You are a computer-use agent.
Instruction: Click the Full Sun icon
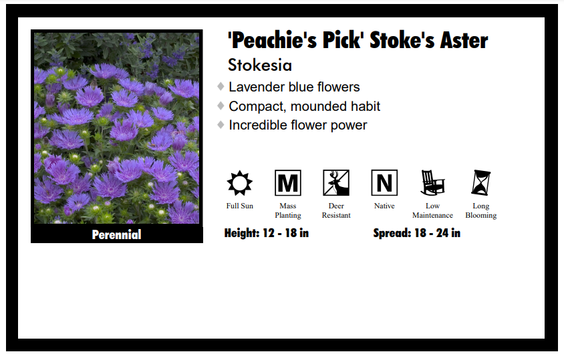click(x=239, y=182)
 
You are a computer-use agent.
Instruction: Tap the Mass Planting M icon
click(x=288, y=182)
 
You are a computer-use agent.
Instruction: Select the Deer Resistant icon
click(x=336, y=182)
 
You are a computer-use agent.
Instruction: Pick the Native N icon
click(x=384, y=182)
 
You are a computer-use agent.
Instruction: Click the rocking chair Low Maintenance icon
click(x=432, y=182)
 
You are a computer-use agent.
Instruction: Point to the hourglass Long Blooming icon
click(x=480, y=182)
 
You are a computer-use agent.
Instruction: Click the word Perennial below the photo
click(x=117, y=234)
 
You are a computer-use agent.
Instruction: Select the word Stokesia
click(x=260, y=65)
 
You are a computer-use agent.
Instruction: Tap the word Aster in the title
click(x=464, y=40)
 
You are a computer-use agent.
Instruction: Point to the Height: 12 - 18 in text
click(x=267, y=233)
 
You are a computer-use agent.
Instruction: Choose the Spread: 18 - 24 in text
click(x=416, y=233)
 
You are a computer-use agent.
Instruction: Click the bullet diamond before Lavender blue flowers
click(x=221, y=86)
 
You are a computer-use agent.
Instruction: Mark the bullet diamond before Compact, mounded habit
click(x=221, y=106)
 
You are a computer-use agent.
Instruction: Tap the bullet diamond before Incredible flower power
click(x=221, y=124)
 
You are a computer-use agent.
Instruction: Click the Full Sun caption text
click(x=240, y=206)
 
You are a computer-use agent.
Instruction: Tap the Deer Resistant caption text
click(x=336, y=210)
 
